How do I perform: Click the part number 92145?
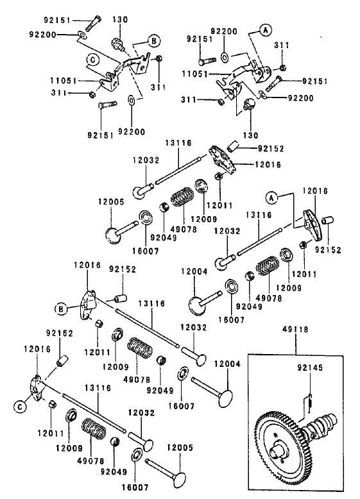[x=309, y=369]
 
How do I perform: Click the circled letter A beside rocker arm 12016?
[x=271, y=198]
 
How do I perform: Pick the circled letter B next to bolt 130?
[x=153, y=41]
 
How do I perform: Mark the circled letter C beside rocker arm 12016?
[x=19, y=406]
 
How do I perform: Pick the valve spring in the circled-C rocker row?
[x=97, y=430]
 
